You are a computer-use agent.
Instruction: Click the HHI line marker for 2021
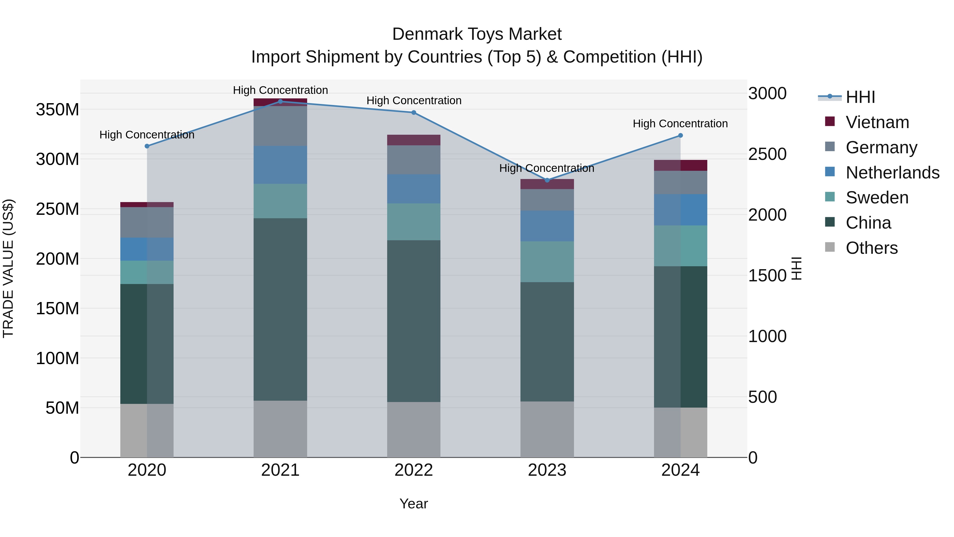click(x=280, y=102)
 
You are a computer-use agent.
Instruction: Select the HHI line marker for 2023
click(x=547, y=180)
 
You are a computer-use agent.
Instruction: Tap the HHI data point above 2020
click(x=147, y=146)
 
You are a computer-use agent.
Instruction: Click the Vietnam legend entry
click(x=877, y=122)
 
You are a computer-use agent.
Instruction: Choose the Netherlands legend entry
click(x=892, y=173)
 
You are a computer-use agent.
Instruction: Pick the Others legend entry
click(x=871, y=248)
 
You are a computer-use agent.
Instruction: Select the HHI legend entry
click(x=860, y=97)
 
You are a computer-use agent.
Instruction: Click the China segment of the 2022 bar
click(x=414, y=321)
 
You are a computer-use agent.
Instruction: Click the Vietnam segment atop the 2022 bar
click(x=414, y=140)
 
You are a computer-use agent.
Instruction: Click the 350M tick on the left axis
click(x=58, y=110)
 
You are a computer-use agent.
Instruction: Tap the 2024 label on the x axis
click(x=680, y=470)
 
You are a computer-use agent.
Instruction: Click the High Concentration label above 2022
click(x=414, y=101)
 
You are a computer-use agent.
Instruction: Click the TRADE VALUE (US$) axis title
click(x=8, y=268)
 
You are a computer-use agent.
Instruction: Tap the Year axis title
click(x=414, y=504)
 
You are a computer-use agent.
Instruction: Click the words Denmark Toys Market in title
click(x=477, y=34)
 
